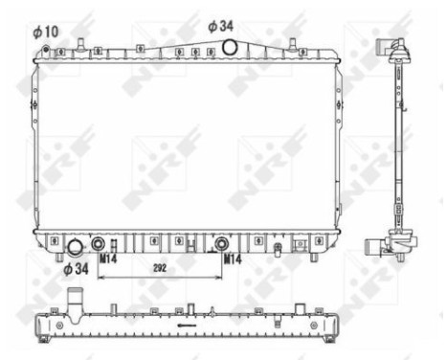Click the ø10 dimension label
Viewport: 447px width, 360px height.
46,32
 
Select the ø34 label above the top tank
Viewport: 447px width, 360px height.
220,26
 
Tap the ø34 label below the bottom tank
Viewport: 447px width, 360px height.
77,269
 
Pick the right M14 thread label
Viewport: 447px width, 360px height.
233,258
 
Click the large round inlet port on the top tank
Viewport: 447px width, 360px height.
230,47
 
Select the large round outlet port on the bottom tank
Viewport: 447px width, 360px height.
74,248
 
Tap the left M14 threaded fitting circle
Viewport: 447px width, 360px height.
98,242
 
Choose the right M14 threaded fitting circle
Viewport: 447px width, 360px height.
222,242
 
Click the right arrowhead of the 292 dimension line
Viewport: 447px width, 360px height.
219,278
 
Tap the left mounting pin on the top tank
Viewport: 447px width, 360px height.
81,43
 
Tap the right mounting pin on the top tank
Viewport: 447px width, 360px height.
290,43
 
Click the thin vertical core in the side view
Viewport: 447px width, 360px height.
397,144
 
